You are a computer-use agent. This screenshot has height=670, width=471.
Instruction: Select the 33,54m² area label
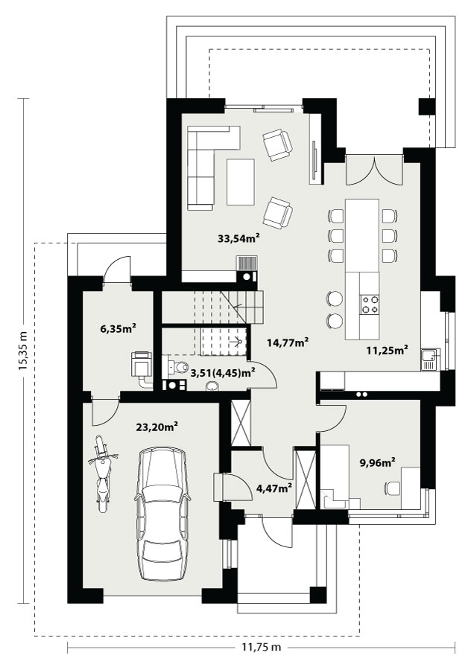pos(239,238)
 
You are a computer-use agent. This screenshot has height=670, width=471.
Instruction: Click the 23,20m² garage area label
pos(157,427)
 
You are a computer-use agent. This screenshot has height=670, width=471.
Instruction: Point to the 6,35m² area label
pos(118,328)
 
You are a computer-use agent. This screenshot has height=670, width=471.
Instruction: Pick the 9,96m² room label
pos(377,462)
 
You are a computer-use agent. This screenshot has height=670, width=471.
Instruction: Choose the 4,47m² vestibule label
pos(274,488)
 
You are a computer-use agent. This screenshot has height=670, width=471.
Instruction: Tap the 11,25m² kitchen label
pos(387,350)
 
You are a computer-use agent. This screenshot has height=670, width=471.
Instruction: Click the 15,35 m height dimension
pos(23,351)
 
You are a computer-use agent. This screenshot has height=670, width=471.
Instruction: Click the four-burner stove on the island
pos(370,304)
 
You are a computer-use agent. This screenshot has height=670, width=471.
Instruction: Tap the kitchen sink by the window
pos(429,360)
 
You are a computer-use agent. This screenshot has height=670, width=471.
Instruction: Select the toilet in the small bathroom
pos(178,366)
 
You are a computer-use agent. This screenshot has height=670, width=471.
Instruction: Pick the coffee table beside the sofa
pos(241,182)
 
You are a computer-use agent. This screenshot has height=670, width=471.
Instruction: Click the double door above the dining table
pos(375,170)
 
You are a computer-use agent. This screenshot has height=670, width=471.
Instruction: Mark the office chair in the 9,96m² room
pos(393,488)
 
